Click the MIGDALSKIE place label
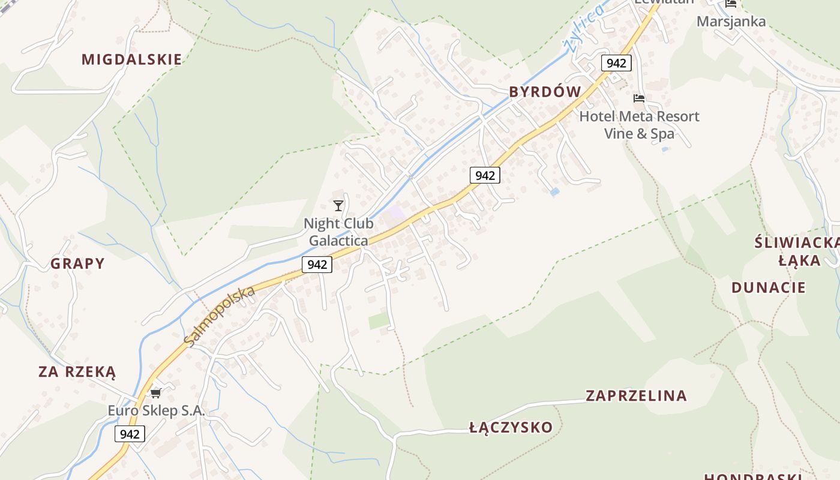131,59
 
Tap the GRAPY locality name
77,263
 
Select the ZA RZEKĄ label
77,371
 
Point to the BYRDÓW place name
545,92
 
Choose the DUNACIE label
768,287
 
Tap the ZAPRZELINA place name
636,395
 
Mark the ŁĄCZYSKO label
511,427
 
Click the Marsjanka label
731,22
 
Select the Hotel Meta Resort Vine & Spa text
639,125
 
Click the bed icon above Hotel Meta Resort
639,98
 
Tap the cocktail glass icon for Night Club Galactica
338,206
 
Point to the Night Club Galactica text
338,232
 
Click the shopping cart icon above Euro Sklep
156,393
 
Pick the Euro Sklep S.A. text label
156,411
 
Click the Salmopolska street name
220,316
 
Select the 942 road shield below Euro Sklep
130,434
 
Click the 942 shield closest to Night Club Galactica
317,264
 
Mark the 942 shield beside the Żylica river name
616,63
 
